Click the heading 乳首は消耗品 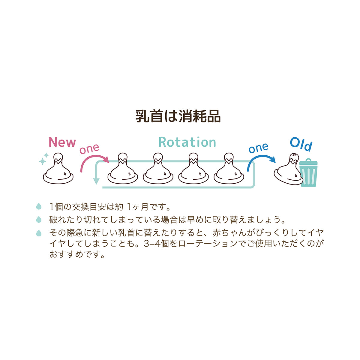(178, 116)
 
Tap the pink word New (62, 142)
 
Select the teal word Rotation (187, 142)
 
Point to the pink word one (89, 148)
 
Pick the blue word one (258, 148)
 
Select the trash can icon (308, 173)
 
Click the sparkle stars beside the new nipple (44, 159)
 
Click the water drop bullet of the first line (38, 206)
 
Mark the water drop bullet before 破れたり (38, 219)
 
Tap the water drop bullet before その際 (38, 233)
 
